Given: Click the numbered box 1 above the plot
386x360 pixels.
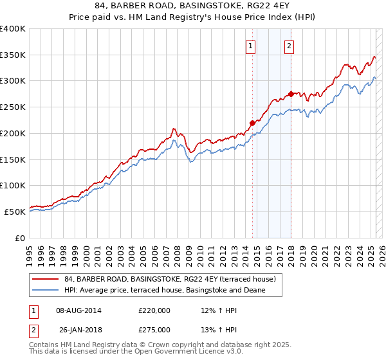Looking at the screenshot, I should [x=250, y=46].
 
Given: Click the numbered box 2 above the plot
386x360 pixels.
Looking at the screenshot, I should [x=289, y=46].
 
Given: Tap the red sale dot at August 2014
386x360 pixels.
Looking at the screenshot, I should [x=252, y=123].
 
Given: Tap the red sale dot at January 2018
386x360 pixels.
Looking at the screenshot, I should [x=291, y=94].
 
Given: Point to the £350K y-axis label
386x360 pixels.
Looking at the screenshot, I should [x=13, y=55].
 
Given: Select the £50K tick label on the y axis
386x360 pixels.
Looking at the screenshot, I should [x=15, y=212].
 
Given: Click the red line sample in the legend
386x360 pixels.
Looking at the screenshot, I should [x=45, y=279].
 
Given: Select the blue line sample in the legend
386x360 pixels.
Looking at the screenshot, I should [x=45, y=291].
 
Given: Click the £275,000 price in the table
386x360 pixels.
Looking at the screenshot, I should [x=154, y=330].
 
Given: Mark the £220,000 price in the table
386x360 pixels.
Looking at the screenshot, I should [x=154, y=310].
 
